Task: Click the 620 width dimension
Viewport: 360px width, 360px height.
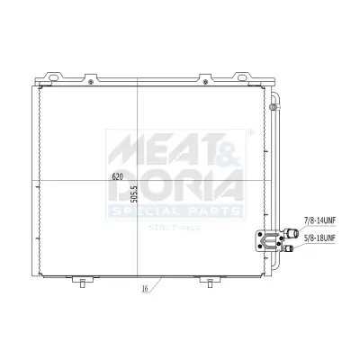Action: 117,176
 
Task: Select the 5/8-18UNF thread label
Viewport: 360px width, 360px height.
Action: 320,238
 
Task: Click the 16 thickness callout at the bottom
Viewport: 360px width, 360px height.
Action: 144,290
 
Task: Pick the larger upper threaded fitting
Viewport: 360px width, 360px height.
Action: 290,232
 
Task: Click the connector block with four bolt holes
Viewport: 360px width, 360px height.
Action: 268,238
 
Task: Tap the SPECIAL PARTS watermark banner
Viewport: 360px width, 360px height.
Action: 175,211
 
